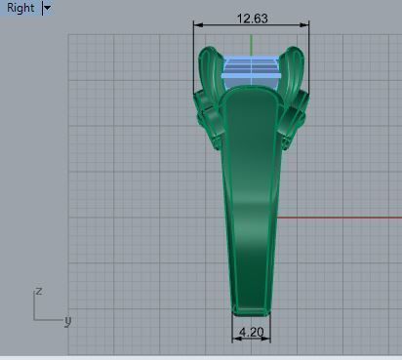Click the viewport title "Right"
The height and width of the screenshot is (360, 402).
(20, 8)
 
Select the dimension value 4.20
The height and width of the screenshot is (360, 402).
(251, 332)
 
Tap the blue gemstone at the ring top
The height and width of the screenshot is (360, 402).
(252, 67)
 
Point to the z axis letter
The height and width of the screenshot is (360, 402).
(37, 290)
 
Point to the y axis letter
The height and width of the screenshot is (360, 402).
(67, 319)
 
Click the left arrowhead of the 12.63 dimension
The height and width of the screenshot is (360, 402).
(197, 25)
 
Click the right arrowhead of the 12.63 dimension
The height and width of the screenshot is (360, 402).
(306, 25)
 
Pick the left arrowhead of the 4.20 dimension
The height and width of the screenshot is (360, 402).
(235, 340)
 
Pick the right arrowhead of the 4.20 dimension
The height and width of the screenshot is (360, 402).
(267, 340)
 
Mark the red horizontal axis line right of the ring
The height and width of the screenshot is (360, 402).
(342, 218)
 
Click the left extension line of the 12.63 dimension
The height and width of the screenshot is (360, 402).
(193, 59)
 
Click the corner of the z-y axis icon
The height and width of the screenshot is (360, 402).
(35, 319)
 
